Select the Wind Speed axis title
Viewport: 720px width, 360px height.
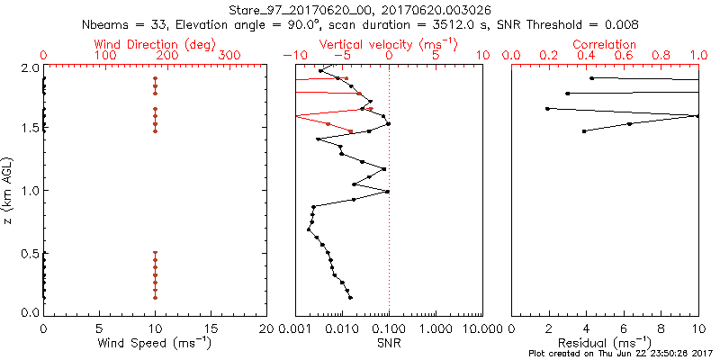[156, 343]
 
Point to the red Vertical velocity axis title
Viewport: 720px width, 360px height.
[388, 44]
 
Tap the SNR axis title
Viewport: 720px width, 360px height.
[389, 343]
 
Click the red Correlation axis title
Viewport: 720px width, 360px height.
[605, 44]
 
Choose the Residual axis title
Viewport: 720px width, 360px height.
[605, 343]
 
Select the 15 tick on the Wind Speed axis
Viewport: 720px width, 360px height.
[211, 328]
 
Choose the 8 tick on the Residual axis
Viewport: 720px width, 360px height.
[661, 328]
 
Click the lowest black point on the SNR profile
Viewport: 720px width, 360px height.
[350, 297]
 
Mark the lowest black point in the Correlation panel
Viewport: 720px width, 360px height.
[585, 131]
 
